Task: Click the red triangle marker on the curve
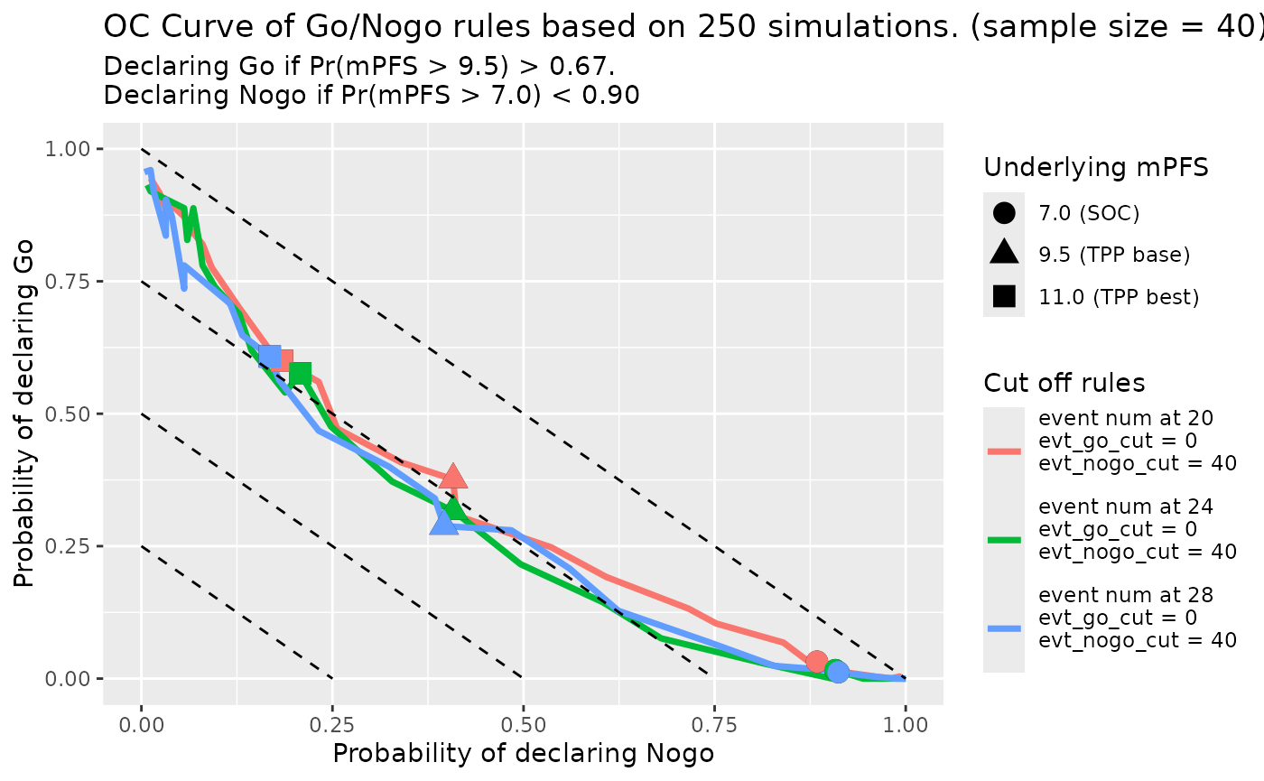click(453, 478)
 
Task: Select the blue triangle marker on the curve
click(444, 522)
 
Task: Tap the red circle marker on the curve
click(816, 662)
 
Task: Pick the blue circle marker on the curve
click(838, 672)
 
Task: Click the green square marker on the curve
click(300, 374)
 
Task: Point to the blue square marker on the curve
click(269, 357)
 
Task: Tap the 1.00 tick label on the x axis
click(906, 725)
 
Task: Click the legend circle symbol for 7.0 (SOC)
click(1004, 213)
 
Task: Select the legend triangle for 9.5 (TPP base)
click(1004, 254)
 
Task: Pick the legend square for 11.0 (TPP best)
click(1004, 296)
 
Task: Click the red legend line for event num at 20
click(1004, 450)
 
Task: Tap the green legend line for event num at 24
click(1004, 539)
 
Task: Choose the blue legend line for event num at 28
click(1004, 628)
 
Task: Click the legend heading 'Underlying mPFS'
click(1096, 167)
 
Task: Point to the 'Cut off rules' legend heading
click(1064, 383)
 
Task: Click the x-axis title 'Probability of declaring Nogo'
click(524, 754)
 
